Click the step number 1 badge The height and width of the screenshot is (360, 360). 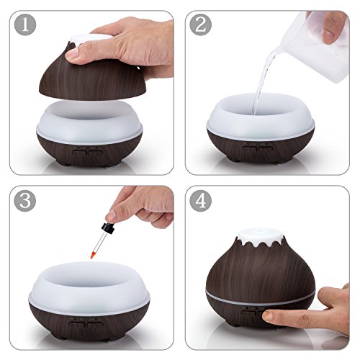tap(25, 25)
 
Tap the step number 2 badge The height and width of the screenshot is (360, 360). tap(201, 25)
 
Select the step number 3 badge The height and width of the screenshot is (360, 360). tap(25, 200)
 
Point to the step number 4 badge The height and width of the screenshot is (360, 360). tap(201, 200)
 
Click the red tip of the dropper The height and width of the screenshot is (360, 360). tap(92, 255)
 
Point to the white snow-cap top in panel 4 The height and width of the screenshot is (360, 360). tap(260, 238)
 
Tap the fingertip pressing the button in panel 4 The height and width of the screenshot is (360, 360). tap(268, 316)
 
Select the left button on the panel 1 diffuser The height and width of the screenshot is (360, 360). tap(79, 153)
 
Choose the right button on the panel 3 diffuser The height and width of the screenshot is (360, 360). tap(95, 324)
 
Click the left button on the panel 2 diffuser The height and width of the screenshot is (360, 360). tap(250, 148)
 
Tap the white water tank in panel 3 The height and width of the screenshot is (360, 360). tap(89, 288)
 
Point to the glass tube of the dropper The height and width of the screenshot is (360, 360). tap(97, 243)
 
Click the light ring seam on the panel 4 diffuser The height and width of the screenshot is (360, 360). tap(261, 300)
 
